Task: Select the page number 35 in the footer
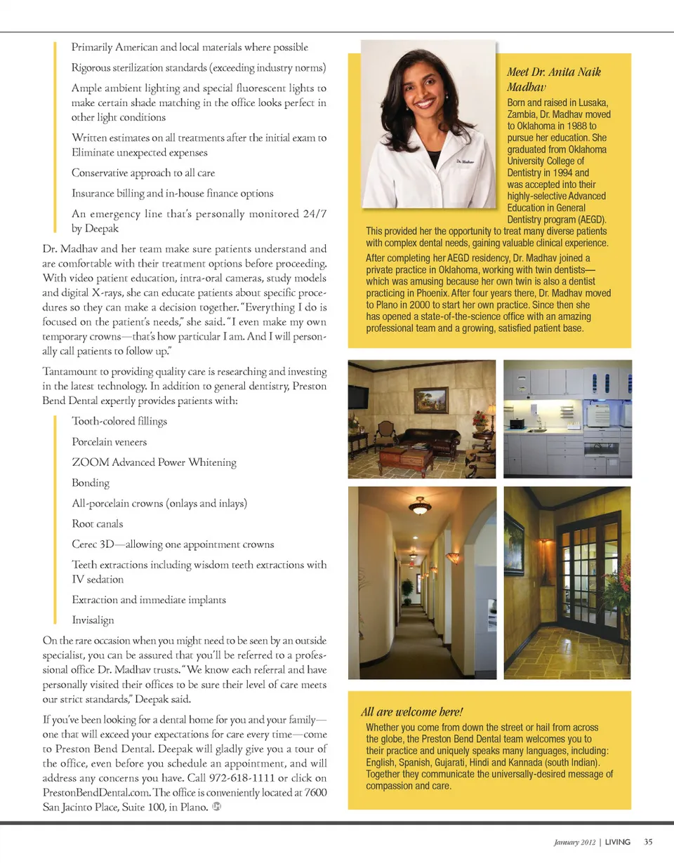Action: point(649,842)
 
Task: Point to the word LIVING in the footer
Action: point(618,842)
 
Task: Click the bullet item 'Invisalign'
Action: point(93,620)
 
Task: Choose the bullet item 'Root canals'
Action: point(97,523)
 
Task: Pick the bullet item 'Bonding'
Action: point(91,483)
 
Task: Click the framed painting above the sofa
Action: point(430,399)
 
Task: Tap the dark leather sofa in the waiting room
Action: point(427,439)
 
